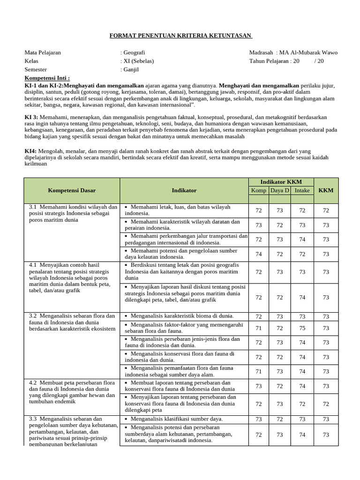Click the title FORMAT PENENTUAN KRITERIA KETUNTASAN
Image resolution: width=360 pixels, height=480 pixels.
180,36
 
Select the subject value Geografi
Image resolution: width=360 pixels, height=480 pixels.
134,52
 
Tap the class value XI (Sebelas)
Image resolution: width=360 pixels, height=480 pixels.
138,61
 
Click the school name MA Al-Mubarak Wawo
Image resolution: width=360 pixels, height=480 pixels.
308,52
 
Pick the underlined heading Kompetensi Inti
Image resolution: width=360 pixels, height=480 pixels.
47,78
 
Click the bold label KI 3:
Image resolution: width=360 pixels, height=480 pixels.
31,117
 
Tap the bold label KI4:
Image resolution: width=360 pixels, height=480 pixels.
30,151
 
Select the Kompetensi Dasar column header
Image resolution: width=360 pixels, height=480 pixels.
72,190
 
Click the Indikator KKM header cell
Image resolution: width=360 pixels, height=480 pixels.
281,182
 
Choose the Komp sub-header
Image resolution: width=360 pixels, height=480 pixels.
258,190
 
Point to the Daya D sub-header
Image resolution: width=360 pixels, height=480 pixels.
280,190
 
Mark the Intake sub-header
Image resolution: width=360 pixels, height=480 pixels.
302,190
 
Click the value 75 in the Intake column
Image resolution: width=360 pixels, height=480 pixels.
302,328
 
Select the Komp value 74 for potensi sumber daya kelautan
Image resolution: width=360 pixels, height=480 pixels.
258,254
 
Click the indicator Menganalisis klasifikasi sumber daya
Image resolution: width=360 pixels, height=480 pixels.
170,419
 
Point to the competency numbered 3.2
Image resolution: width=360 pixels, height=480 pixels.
71,322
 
